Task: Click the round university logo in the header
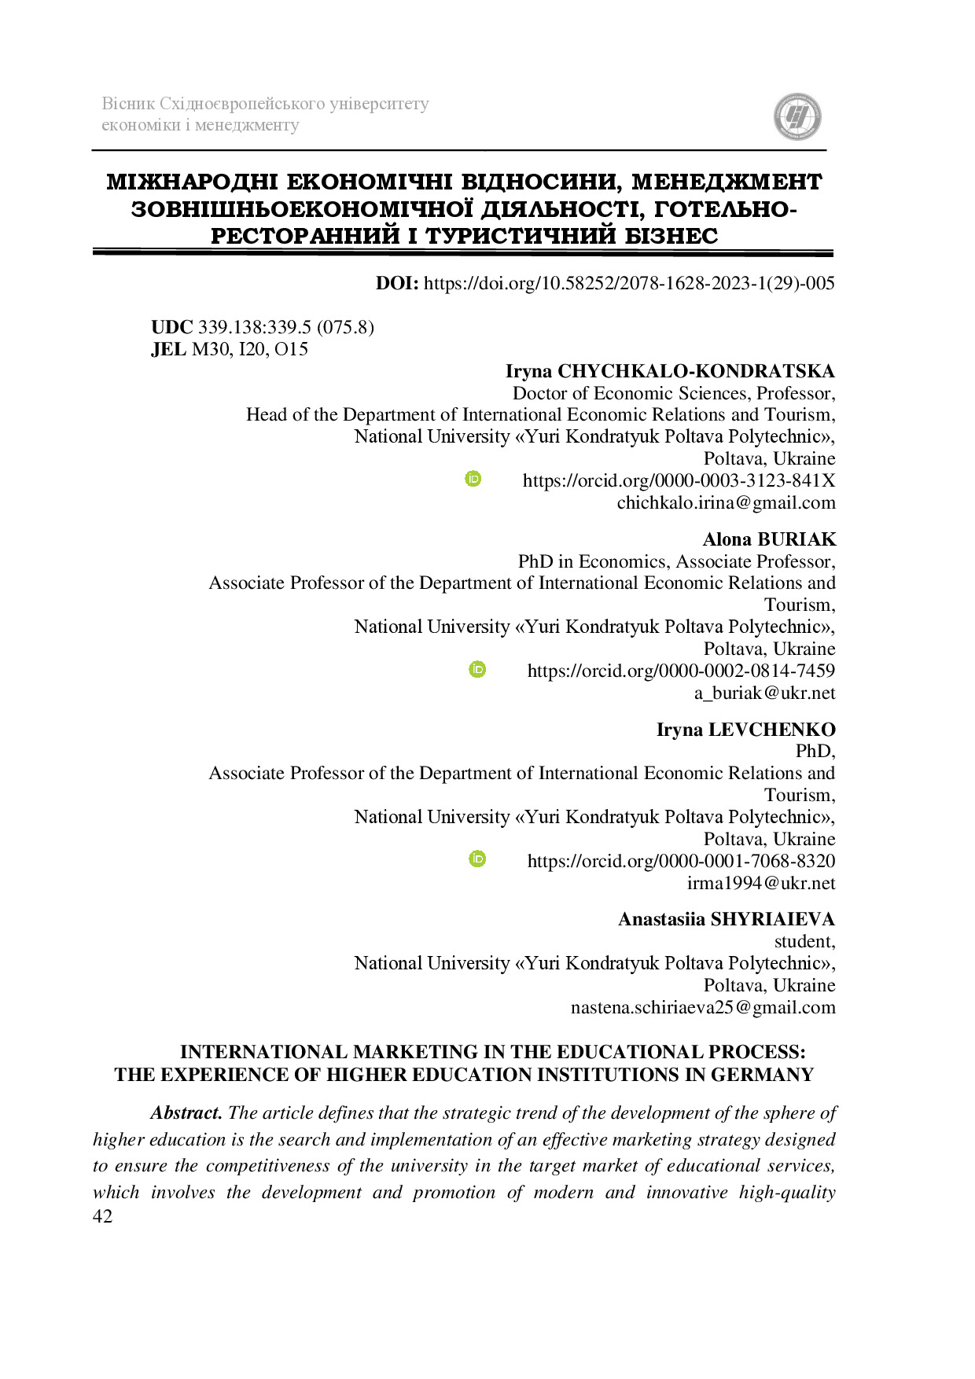(797, 117)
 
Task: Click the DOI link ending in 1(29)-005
(628, 284)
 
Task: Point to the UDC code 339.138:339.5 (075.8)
(285, 328)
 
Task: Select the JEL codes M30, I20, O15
(250, 350)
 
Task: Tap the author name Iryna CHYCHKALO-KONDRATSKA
(670, 371)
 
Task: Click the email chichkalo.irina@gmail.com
(726, 502)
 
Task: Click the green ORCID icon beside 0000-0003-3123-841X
(473, 479)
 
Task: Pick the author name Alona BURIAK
(769, 539)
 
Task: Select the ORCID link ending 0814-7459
(681, 671)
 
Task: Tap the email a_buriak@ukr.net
(764, 693)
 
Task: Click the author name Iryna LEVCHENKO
(745, 730)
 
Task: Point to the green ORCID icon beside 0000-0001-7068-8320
(477, 859)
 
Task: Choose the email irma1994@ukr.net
(761, 883)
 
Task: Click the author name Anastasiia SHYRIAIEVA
(727, 920)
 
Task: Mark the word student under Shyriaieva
(804, 942)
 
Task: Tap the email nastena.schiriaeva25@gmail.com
(703, 1008)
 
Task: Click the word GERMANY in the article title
(762, 1075)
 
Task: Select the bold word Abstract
(186, 1113)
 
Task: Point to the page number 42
(102, 1216)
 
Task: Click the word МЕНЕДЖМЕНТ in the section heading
(727, 182)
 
